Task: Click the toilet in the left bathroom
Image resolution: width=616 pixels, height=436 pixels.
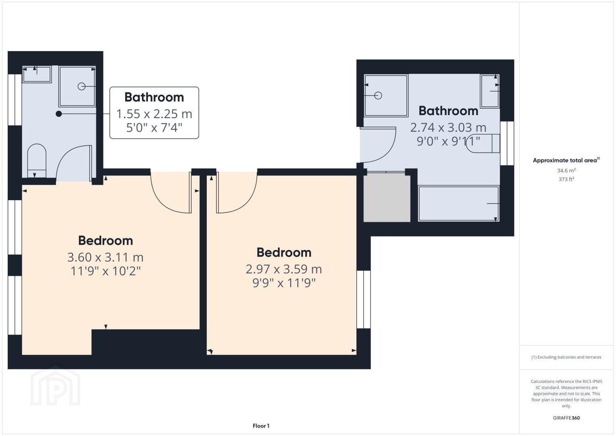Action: click(x=37, y=160)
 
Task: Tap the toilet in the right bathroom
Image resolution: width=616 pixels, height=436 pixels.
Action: click(x=483, y=143)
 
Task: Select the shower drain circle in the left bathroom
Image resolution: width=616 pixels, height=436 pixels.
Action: click(x=82, y=86)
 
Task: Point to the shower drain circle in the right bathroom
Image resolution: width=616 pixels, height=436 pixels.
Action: click(x=378, y=95)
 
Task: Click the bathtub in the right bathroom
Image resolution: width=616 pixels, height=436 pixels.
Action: click(x=459, y=203)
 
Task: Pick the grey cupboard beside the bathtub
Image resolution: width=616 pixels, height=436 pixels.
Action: click(x=387, y=197)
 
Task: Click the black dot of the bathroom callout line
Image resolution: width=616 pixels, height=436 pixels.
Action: click(x=59, y=113)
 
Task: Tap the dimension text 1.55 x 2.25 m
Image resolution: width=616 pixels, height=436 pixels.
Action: click(x=154, y=114)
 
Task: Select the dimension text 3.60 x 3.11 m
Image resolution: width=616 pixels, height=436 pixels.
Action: click(x=105, y=257)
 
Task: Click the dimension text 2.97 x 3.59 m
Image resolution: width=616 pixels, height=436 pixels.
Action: click(x=283, y=269)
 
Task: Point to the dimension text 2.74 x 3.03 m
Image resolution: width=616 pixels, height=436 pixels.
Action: click(x=448, y=127)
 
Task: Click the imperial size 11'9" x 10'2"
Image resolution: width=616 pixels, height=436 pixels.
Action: click(x=106, y=271)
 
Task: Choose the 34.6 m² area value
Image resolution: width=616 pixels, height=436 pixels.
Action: click(x=566, y=170)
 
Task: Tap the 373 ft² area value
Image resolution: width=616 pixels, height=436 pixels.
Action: click(x=566, y=179)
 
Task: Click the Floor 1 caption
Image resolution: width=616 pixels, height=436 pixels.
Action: click(x=261, y=426)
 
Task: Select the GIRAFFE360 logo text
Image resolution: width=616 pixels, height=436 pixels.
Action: click(x=566, y=418)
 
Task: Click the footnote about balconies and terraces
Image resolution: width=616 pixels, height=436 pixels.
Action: click(x=566, y=357)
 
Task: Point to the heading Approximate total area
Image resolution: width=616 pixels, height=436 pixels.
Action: click(x=566, y=160)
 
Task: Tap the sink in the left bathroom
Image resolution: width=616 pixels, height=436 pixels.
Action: click(x=37, y=74)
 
